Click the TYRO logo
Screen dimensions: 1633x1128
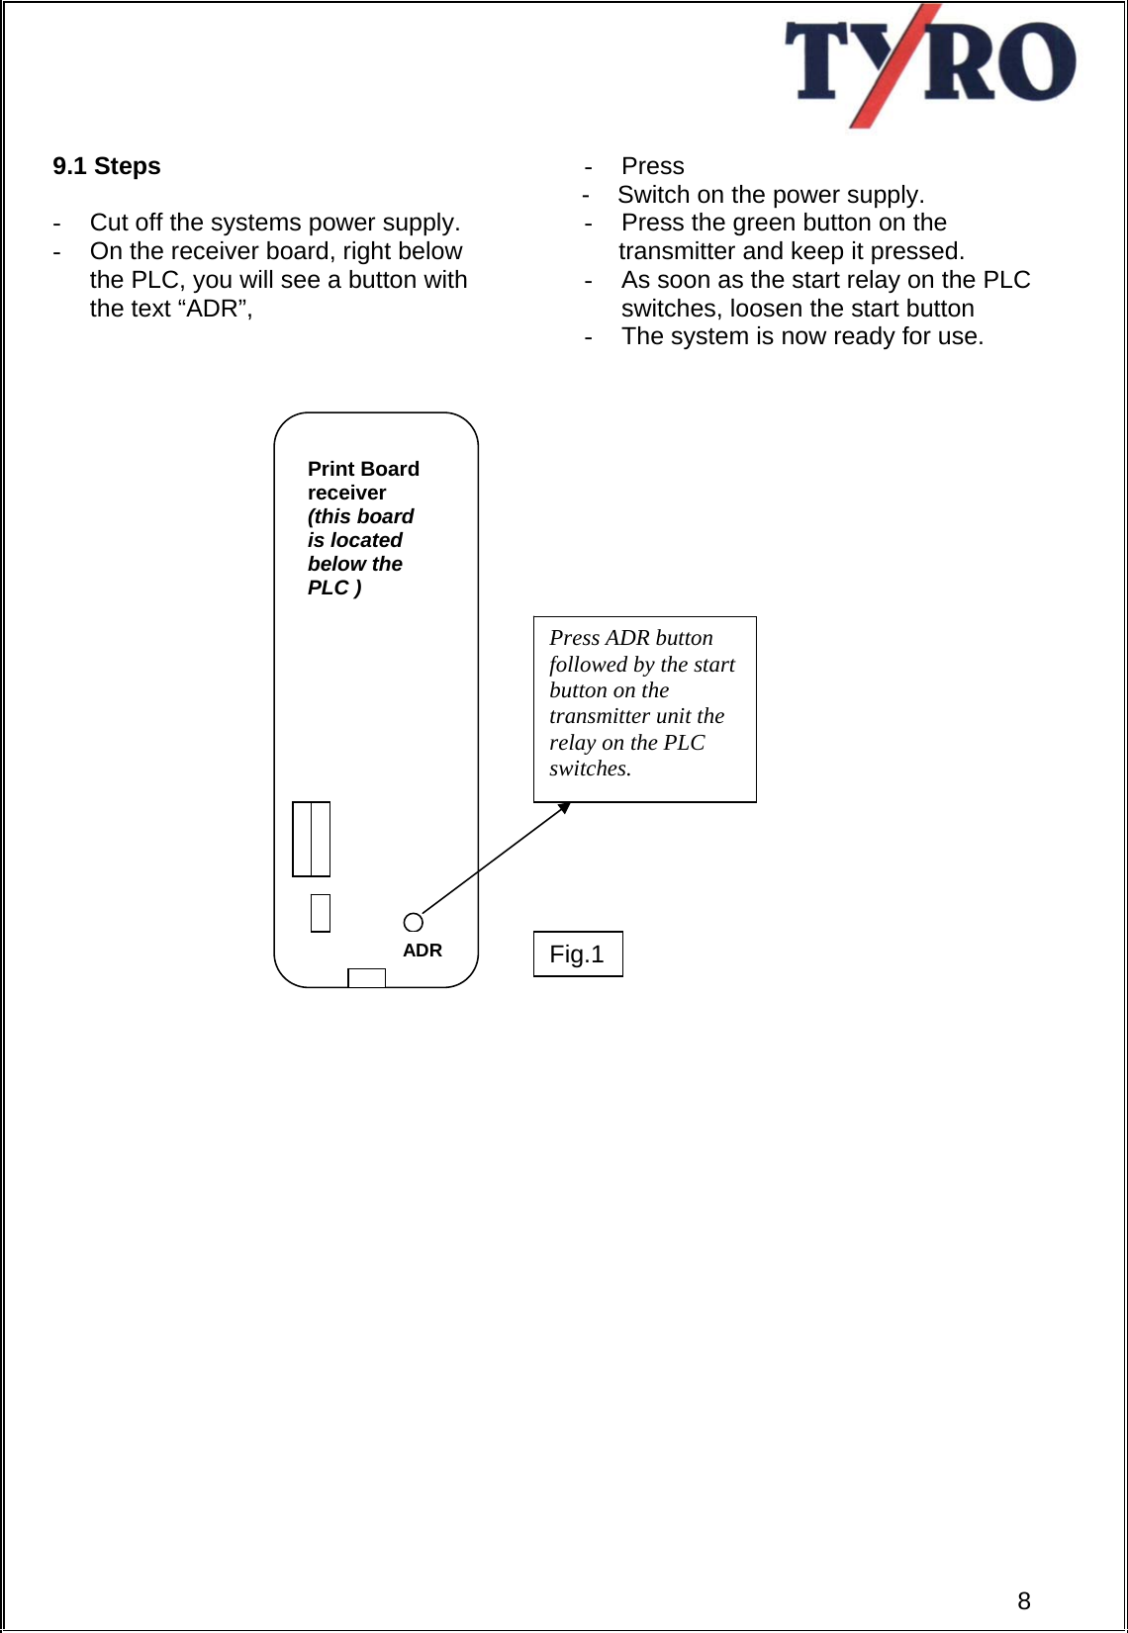929,65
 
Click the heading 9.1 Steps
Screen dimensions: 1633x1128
107,166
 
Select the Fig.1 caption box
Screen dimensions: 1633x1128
578,953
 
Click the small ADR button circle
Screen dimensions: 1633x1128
414,922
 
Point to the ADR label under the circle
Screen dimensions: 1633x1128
423,951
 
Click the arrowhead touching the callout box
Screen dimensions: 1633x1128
564,808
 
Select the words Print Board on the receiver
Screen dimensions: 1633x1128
363,469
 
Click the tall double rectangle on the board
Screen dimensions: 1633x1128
311,839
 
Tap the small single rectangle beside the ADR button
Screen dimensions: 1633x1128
320,912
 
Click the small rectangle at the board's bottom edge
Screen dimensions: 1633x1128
366,977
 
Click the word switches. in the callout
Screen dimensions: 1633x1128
590,769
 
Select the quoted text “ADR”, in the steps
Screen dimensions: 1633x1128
214,309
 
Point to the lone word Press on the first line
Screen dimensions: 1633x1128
653,166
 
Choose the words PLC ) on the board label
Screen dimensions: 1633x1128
334,588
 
